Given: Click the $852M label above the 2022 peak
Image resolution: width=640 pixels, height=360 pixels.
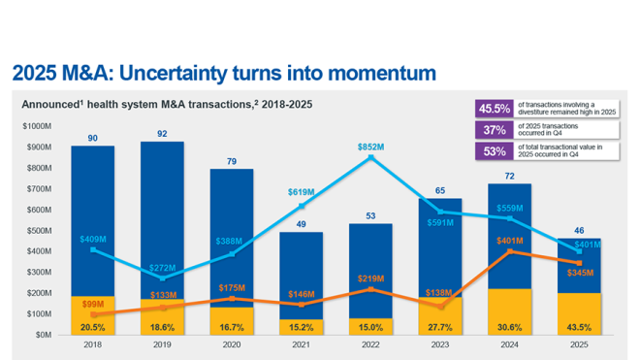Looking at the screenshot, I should click(x=370, y=147).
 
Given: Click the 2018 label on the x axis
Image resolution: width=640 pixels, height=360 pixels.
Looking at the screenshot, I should click(x=92, y=344).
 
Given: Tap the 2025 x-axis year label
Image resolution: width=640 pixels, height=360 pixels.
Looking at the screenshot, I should click(x=580, y=344).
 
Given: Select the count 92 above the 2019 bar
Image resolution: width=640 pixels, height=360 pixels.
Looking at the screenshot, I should click(x=162, y=134).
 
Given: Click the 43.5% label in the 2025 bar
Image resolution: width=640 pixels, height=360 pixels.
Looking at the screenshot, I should click(x=580, y=327).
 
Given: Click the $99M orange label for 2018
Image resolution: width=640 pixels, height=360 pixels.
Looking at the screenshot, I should click(x=92, y=305).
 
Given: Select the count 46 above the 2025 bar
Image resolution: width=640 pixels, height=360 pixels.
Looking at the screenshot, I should click(x=580, y=231).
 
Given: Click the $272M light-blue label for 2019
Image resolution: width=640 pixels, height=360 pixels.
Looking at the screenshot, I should click(x=162, y=267).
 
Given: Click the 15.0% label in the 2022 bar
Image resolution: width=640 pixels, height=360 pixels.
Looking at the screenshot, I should click(x=371, y=327).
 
